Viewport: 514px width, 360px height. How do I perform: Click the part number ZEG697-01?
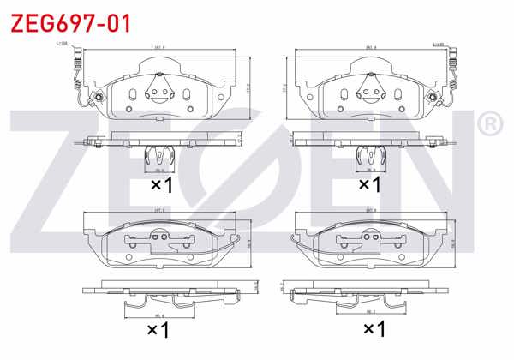tap(70, 21)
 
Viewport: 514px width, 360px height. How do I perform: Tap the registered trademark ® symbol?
tap(489, 126)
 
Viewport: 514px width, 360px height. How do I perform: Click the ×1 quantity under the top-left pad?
tap(162, 184)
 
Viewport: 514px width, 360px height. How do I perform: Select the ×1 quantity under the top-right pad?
tap(368, 184)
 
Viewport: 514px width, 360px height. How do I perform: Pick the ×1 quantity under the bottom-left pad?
tap(159, 329)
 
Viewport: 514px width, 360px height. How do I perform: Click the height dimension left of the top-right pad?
tap(284, 87)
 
